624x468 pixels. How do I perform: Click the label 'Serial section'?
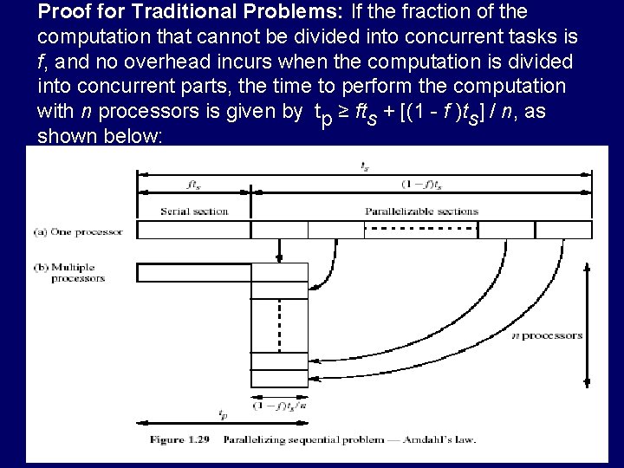coord(194,211)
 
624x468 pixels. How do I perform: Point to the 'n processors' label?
coord(548,335)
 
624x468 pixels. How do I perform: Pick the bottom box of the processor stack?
coord(278,380)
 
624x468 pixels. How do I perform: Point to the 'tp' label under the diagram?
coord(223,414)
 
